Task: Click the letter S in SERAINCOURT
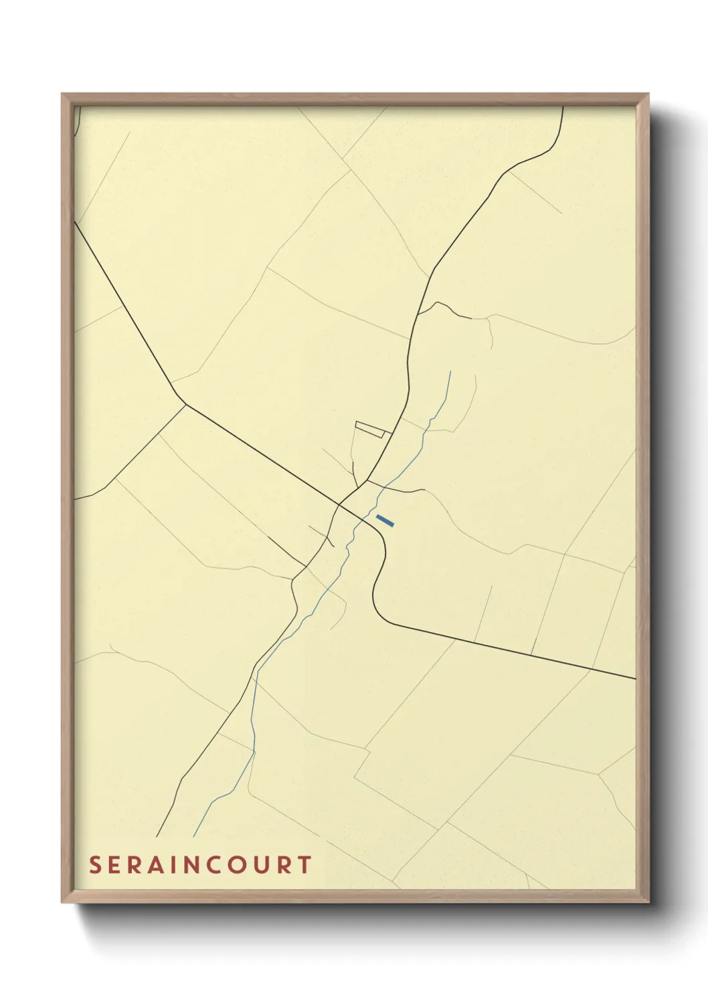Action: tap(96, 865)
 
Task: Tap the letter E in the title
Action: tap(116, 865)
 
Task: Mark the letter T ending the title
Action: tap(304, 865)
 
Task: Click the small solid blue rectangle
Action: tap(385, 520)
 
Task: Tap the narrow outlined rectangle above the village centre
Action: tap(373, 429)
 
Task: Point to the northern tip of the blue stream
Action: tap(451, 372)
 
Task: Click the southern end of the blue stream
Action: tap(194, 836)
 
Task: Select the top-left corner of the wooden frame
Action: tap(62, 94)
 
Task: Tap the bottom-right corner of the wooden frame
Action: tap(648, 902)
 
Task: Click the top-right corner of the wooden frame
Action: tap(648, 94)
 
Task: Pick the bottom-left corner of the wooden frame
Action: tap(62, 902)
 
